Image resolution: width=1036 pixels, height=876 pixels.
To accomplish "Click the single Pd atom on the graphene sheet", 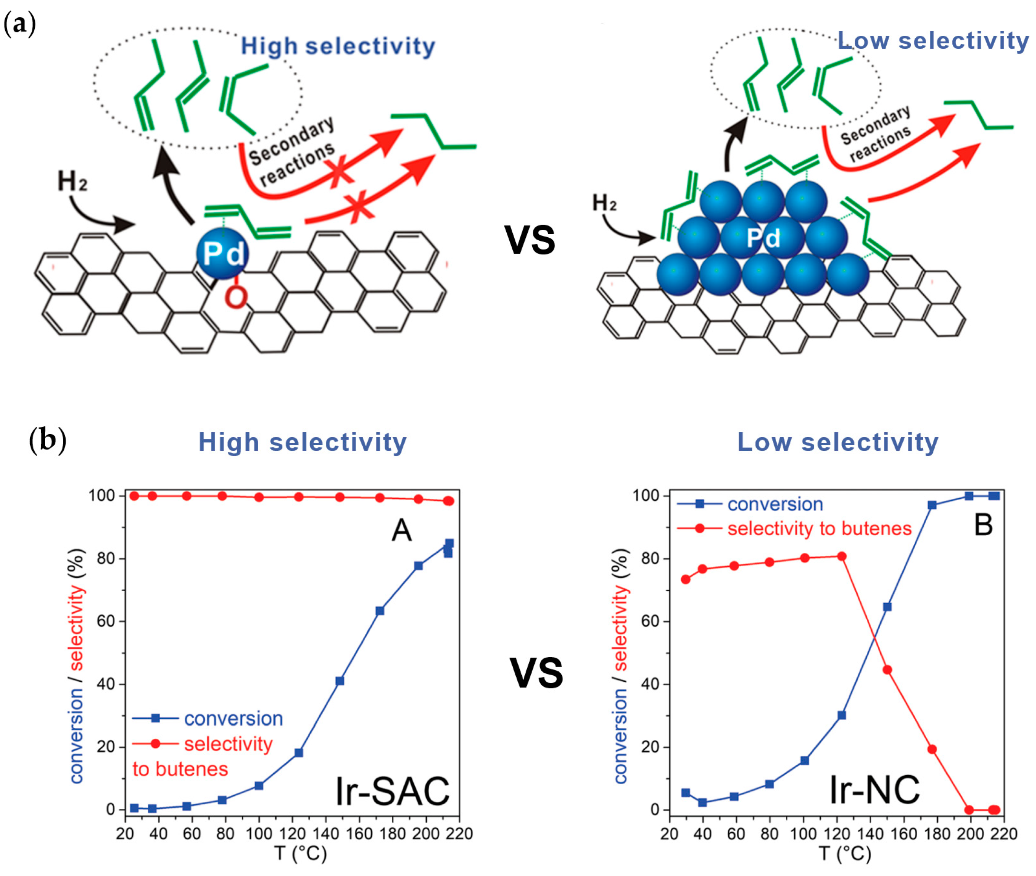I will tap(222, 253).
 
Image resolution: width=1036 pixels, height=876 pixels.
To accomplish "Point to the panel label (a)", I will tap(20, 24).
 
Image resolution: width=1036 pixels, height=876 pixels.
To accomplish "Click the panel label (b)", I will tap(48, 440).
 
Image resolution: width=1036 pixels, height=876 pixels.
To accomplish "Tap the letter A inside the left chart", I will tap(402, 530).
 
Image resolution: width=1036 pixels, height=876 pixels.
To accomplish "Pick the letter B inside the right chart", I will tap(983, 525).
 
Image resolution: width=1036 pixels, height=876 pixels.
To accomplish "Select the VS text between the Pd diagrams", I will tap(530, 240).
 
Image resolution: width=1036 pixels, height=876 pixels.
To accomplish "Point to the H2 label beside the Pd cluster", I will tap(605, 203).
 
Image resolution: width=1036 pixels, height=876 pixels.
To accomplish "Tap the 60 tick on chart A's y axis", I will tap(105, 621).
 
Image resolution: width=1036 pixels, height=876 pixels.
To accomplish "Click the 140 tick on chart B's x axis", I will tap(870, 834).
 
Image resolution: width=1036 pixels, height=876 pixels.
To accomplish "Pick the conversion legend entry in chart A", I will tap(233, 719).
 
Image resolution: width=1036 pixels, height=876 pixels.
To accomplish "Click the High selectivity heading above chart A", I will tap(303, 442).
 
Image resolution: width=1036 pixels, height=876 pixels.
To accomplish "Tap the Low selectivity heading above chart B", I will tap(838, 442).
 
